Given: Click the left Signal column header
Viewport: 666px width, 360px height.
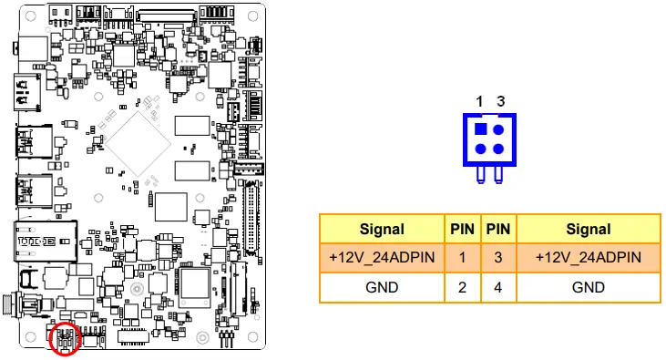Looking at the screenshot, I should click(382, 229).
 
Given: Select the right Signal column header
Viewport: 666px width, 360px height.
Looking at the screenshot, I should click(588, 229).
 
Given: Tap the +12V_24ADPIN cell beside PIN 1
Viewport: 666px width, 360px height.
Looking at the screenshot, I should click(382, 258).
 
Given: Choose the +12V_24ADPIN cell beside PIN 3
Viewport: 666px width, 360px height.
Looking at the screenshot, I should click(588, 258).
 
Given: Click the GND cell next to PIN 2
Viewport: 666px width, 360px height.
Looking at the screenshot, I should click(382, 287).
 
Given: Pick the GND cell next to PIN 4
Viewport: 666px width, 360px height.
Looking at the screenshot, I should click(588, 287).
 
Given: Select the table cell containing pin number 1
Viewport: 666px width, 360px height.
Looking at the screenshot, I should click(463, 258).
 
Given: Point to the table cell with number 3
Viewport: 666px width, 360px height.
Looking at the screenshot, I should click(498, 258).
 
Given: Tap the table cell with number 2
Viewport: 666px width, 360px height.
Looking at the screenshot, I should click(463, 287).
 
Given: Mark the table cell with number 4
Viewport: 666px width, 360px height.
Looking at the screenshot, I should click(498, 287).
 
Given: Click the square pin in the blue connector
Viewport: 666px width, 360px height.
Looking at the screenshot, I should click(480, 130).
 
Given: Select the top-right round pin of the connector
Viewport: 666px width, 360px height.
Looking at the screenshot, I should click(498, 130).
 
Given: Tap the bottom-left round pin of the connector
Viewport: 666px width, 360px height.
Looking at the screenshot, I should click(480, 149).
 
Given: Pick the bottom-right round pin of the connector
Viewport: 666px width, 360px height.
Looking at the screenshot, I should click(498, 149).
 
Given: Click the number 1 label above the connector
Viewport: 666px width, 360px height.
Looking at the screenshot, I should click(479, 100).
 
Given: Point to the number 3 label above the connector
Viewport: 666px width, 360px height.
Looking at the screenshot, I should click(499, 100).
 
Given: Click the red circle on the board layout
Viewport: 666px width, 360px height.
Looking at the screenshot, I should click(65, 339).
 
